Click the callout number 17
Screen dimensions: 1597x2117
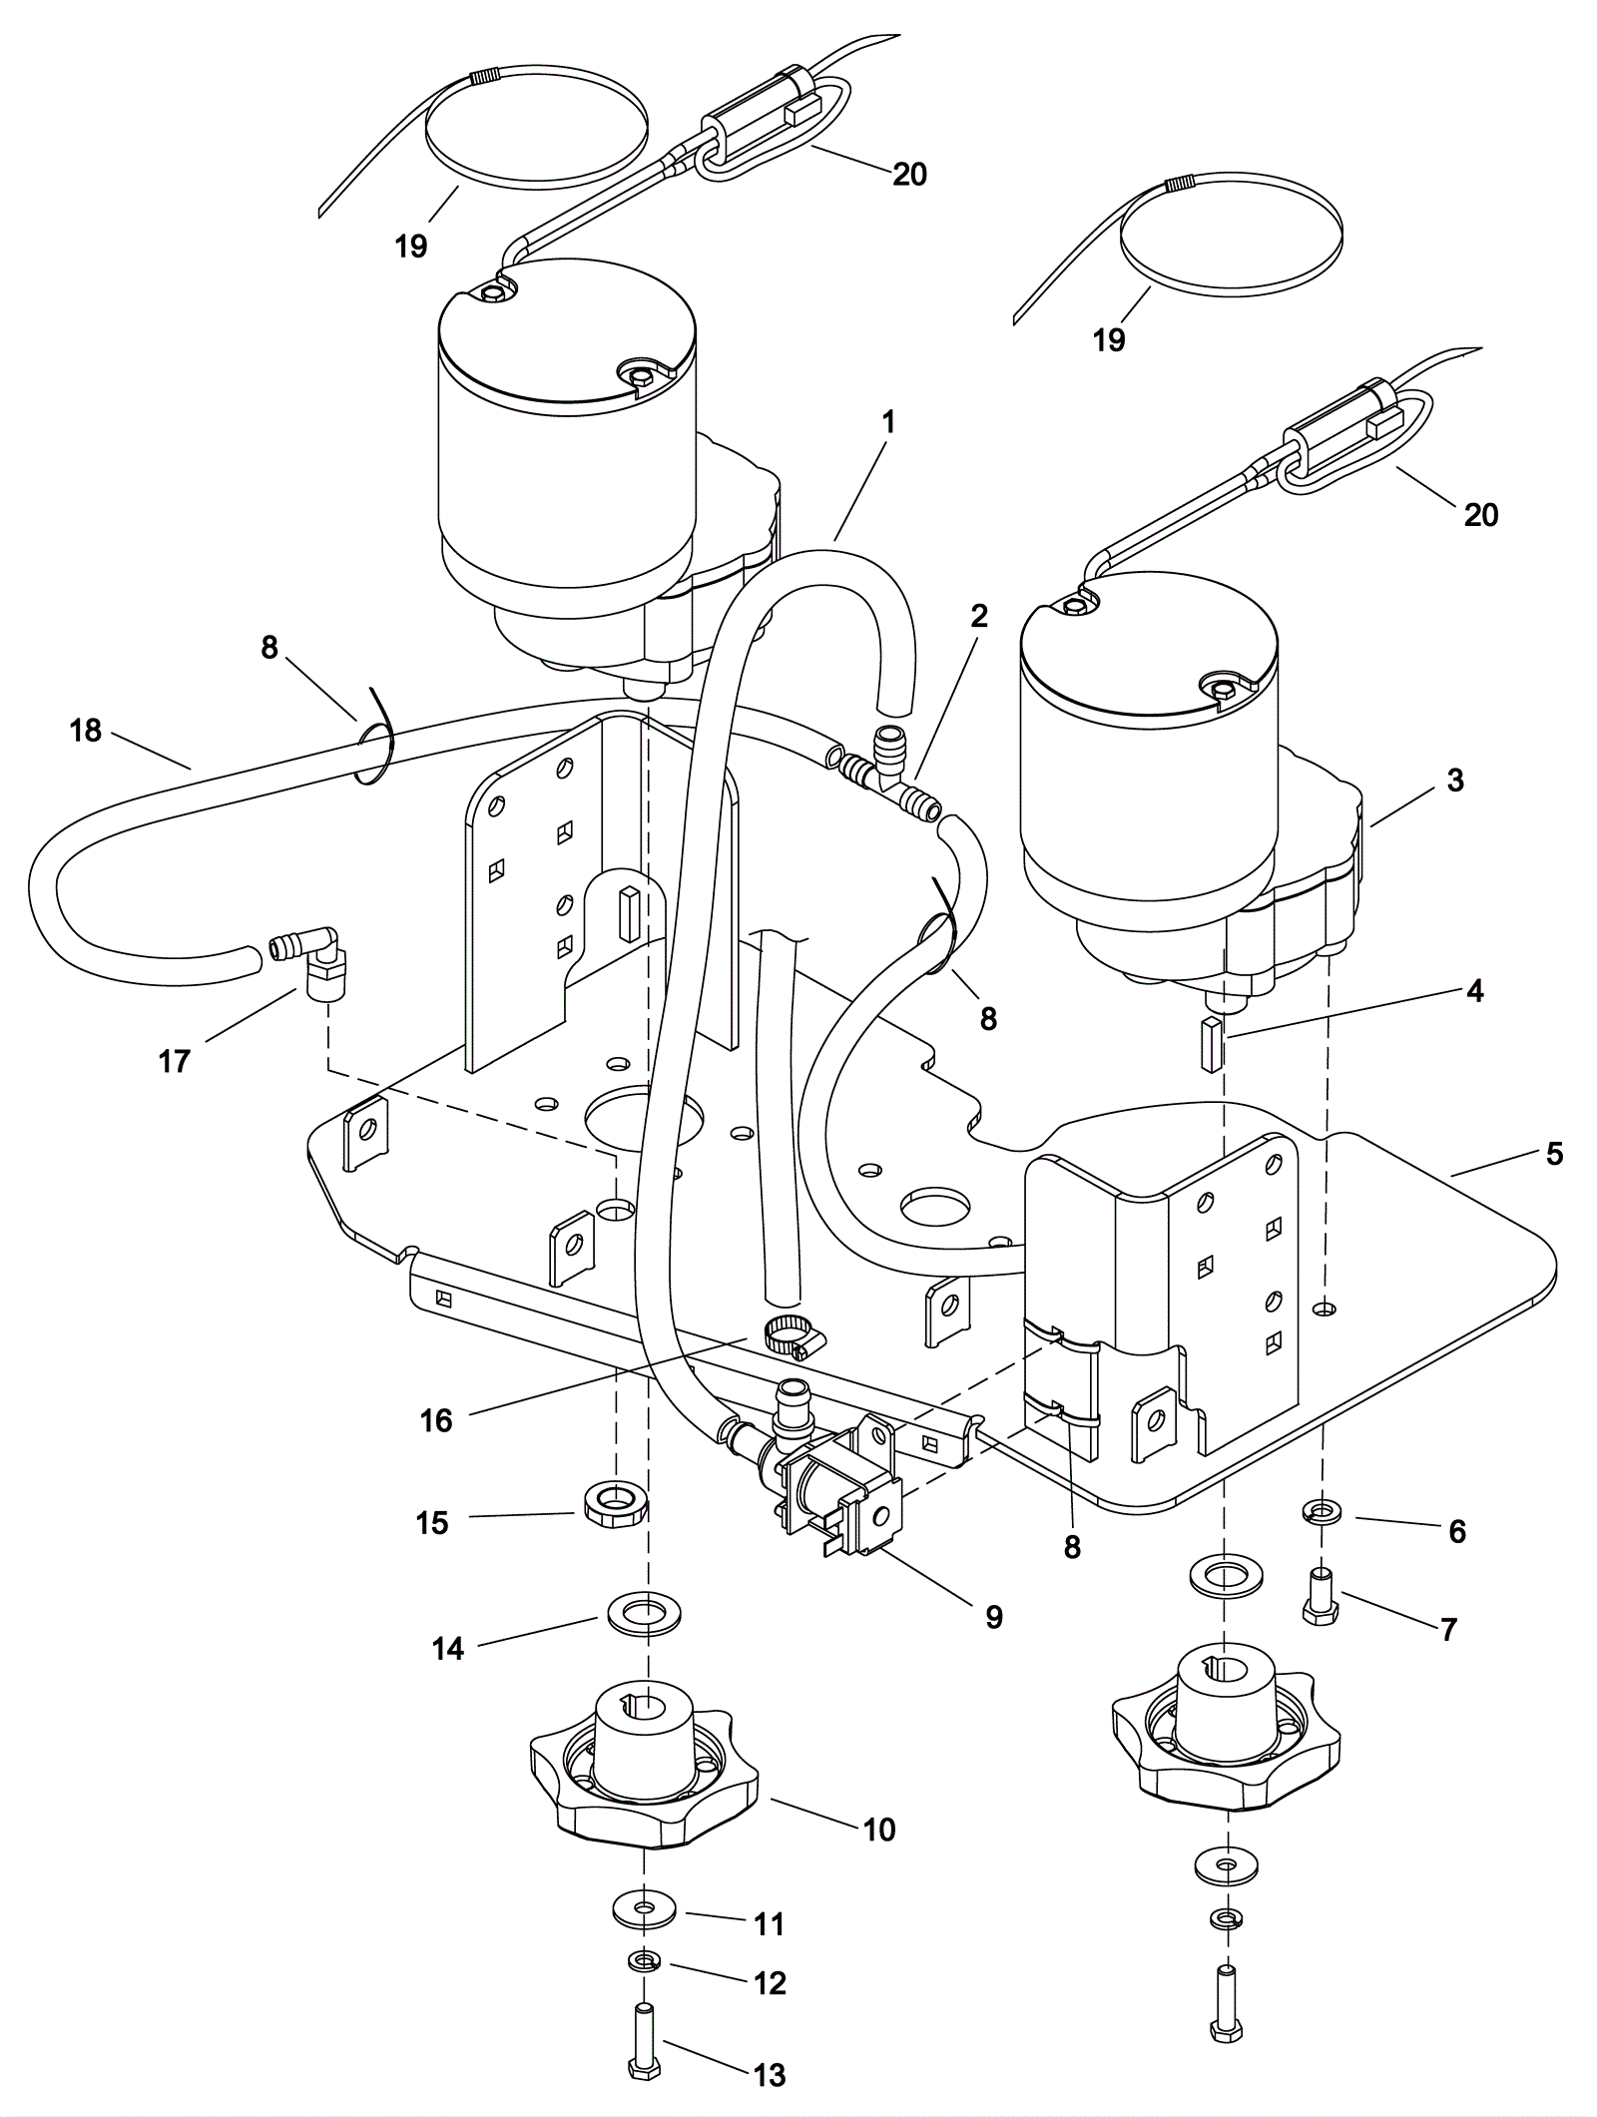[x=175, y=1061]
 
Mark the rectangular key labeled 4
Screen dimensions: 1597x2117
[x=1211, y=1044]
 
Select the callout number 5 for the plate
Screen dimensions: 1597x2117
[x=1554, y=1155]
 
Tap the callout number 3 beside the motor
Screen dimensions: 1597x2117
[x=1454, y=781]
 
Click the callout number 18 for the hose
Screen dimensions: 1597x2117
[x=86, y=732]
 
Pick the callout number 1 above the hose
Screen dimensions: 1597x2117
[x=888, y=422]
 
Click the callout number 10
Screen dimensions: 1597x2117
[x=879, y=1830]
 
